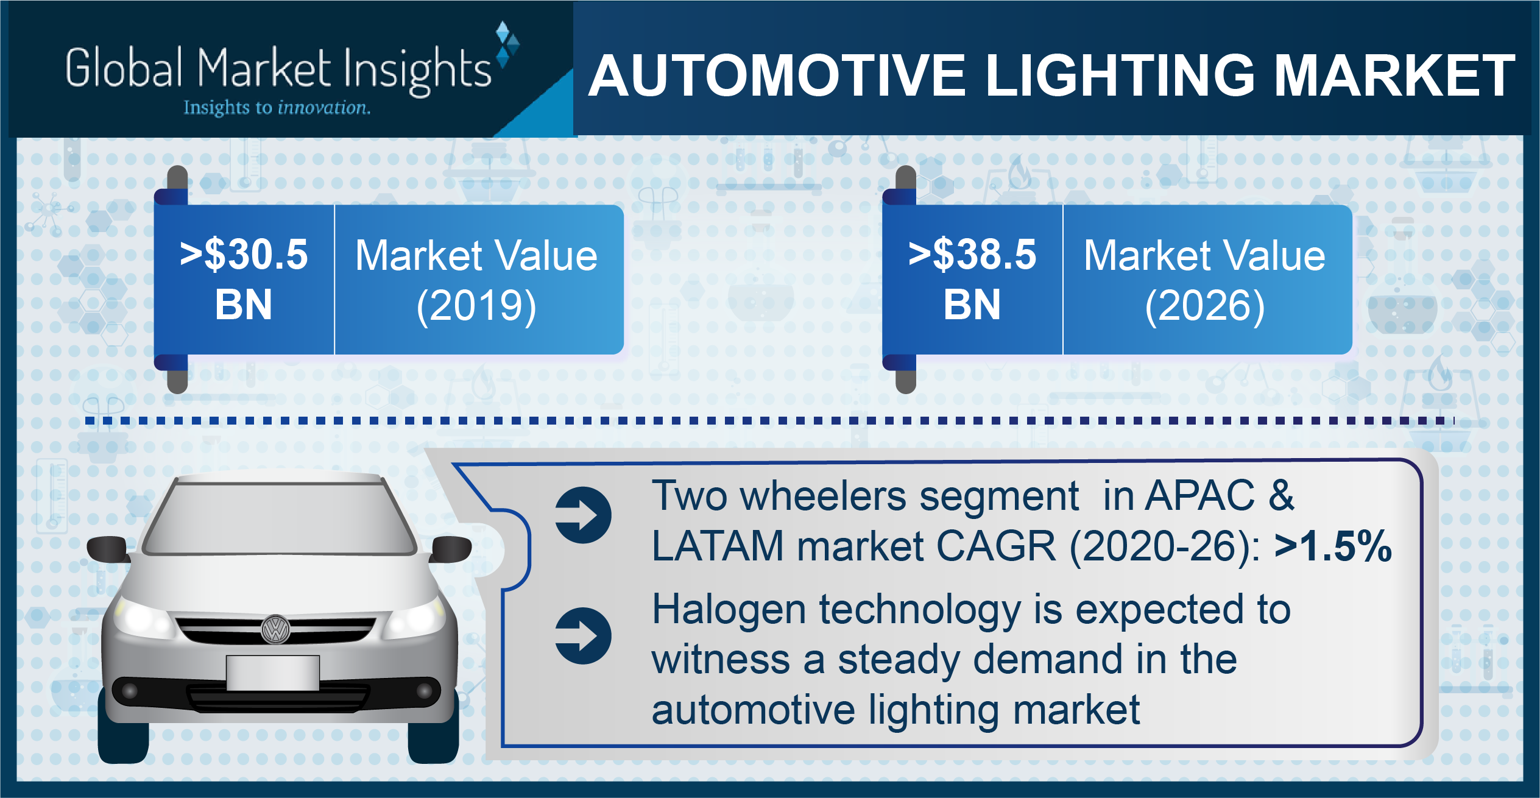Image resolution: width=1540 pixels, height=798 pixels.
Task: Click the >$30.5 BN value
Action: [244, 279]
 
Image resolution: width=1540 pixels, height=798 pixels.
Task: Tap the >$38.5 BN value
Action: [972, 279]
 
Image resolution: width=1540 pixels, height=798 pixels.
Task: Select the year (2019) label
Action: [476, 306]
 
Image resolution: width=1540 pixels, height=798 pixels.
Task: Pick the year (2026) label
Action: [1205, 306]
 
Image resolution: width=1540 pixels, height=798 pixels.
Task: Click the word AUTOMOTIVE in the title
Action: [777, 76]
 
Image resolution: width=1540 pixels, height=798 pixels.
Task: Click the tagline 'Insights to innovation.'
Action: [277, 108]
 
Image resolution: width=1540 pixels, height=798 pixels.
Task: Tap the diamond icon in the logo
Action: [507, 44]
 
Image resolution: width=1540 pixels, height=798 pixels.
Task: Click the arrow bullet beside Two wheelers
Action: [583, 515]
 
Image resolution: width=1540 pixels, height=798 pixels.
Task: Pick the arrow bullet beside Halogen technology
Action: [583, 636]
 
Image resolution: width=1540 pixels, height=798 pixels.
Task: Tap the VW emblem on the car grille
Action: [275, 629]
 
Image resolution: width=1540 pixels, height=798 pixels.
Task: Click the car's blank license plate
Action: [273, 673]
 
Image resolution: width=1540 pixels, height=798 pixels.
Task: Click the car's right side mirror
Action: [451, 549]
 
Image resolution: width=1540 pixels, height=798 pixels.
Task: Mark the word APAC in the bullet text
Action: [1200, 495]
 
